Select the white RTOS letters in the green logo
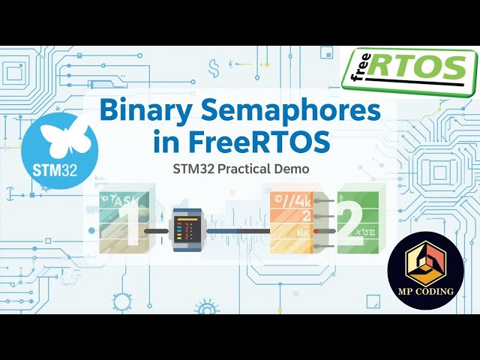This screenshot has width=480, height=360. (x=416, y=68)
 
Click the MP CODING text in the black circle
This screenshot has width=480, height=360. (x=425, y=291)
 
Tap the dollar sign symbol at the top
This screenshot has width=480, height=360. (x=214, y=67)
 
